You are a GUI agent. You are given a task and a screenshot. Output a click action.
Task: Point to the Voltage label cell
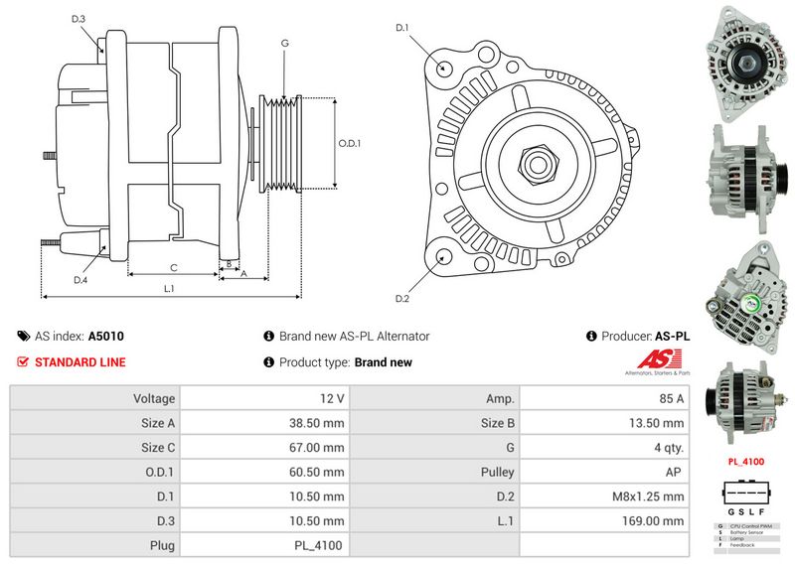(154, 398)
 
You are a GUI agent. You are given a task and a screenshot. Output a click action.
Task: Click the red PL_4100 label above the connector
(745, 462)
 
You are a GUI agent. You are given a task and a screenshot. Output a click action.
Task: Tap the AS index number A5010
(106, 337)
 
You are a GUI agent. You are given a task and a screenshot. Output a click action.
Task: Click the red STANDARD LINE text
(79, 362)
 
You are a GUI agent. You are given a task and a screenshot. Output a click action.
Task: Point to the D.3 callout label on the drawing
(79, 19)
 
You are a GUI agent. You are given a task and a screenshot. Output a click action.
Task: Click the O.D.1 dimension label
(350, 143)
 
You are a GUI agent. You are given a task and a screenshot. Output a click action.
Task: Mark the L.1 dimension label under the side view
(169, 288)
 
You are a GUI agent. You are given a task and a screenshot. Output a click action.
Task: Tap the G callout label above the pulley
(284, 43)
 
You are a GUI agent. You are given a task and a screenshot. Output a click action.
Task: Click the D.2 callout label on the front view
(402, 298)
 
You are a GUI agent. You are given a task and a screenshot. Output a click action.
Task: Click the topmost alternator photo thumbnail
(744, 57)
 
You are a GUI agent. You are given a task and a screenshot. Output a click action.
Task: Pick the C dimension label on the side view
(173, 267)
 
